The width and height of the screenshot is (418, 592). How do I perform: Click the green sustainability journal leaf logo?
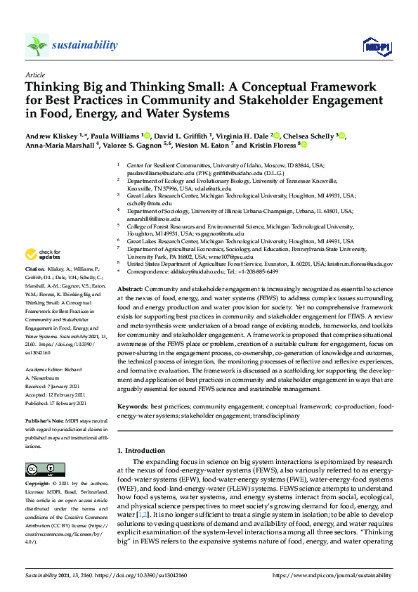pyautogui.click(x=37, y=46)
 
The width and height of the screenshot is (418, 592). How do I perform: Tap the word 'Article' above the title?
pyautogui.click(x=34, y=74)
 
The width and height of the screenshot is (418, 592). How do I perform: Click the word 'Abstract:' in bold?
pyautogui.click(x=130, y=309)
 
